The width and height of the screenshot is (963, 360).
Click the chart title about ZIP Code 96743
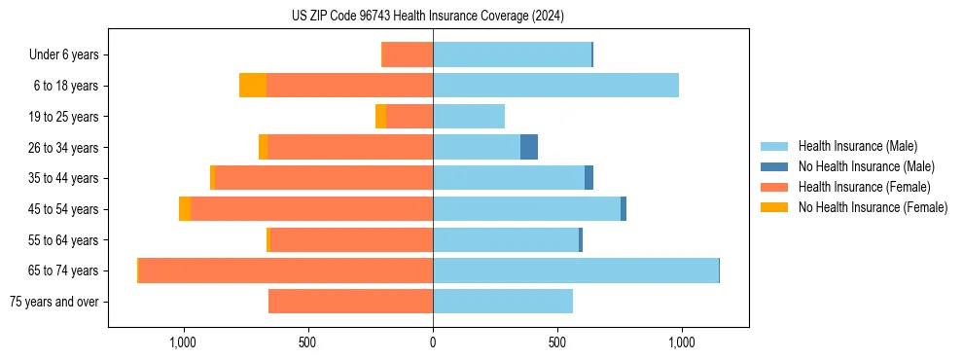[x=427, y=16]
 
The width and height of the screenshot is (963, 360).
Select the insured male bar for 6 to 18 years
[x=555, y=86]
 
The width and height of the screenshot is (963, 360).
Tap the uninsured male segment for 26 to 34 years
[x=529, y=148]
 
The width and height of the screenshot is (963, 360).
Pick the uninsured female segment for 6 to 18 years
[x=253, y=86]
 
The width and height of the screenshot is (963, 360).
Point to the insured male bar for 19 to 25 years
[x=469, y=117]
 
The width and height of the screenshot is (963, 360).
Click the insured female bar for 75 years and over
[x=350, y=302]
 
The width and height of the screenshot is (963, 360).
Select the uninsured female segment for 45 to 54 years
[x=185, y=209]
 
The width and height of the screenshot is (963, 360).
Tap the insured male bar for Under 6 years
[x=512, y=54]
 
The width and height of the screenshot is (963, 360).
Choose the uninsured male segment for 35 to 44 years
[x=588, y=178]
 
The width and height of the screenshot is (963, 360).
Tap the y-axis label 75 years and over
[x=53, y=302]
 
